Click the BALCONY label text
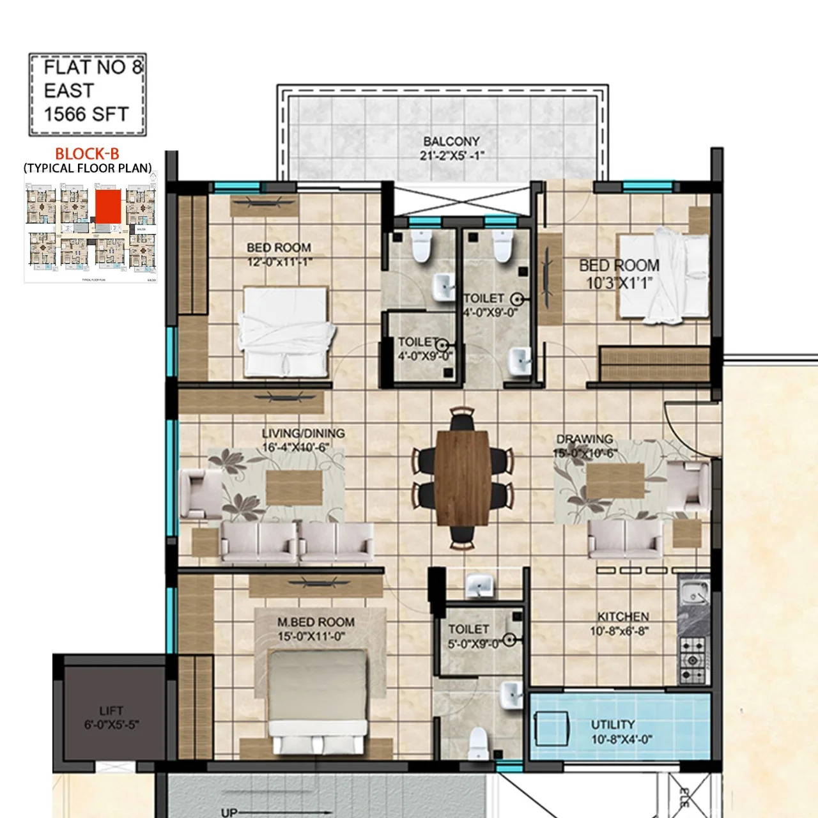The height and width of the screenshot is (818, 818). [x=451, y=141]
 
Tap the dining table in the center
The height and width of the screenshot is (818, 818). [x=463, y=477]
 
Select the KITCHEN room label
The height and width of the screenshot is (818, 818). [x=623, y=617]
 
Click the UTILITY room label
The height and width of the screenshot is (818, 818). [x=612, y=724]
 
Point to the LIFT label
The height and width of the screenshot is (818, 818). [x=111, y=711]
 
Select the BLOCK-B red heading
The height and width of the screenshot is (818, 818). [x=87, y=153]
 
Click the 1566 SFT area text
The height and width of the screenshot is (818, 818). [x=86, y=114]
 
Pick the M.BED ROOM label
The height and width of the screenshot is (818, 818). [x=316, y=622]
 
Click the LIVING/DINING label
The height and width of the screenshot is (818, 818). [x=303, y=433]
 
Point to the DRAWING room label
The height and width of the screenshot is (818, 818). [x=584, y=439]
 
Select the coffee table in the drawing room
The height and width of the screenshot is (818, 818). [x=615, y=481]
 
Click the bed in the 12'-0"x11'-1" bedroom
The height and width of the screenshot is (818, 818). [x=286, y=332]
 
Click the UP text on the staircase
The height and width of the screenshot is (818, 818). [x=229, y=812]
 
